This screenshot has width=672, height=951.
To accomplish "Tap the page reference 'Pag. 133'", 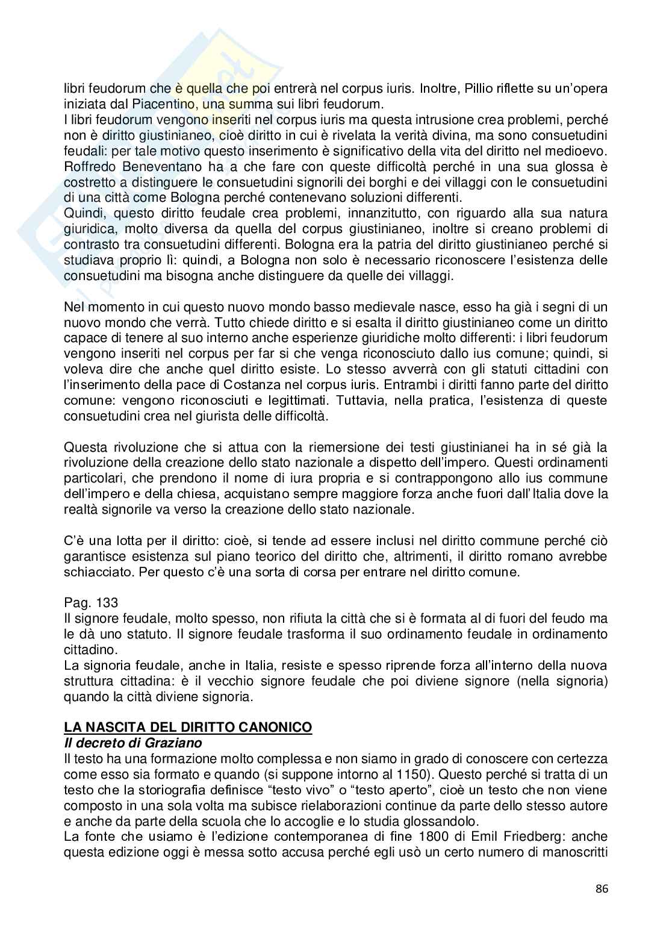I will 92,602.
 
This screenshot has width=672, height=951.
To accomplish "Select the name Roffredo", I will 86,166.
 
